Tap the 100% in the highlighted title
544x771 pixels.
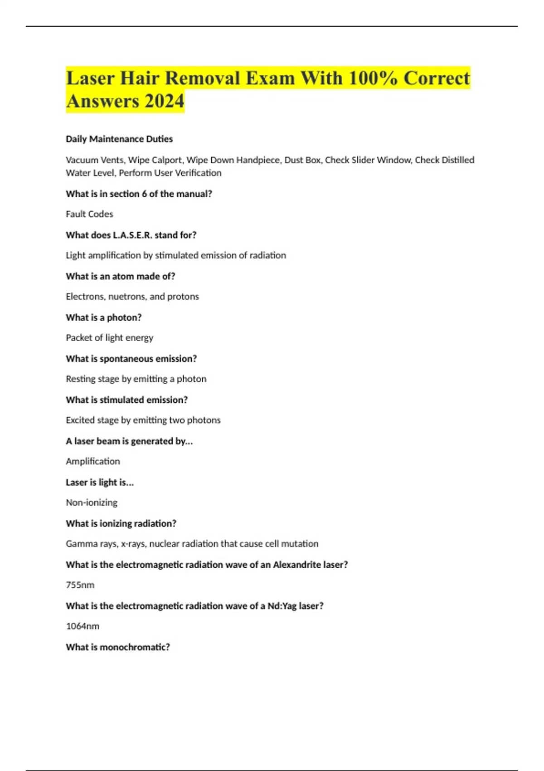(373, 78)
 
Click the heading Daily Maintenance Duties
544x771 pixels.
(119, 139)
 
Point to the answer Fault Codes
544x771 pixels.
(89, 214)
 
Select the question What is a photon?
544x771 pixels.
(103, 317)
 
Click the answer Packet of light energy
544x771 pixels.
(109, 338)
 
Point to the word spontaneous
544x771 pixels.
(122, 359)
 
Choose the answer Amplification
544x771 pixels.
(93, 461)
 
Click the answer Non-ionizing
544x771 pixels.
(92, 503)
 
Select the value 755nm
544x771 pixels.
(80, 585)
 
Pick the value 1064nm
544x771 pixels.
(83, 626)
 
